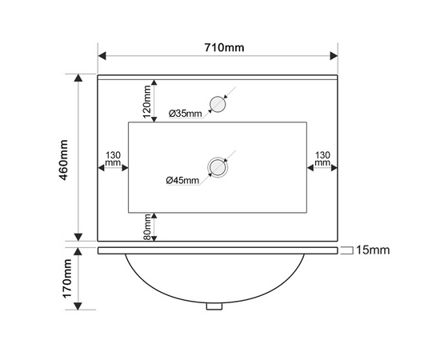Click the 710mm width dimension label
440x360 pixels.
point(224,47)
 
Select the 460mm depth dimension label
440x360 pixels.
point(64,160)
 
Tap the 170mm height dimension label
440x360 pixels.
point(67,278)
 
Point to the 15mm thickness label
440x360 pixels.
point(373,250)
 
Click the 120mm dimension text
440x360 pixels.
point(146,102)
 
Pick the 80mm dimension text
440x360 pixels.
point(146,226)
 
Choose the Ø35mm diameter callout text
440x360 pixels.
point(186,114)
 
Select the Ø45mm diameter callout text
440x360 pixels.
point(182,180)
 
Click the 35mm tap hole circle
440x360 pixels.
point(218,104)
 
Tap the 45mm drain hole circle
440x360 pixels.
point(218,167)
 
